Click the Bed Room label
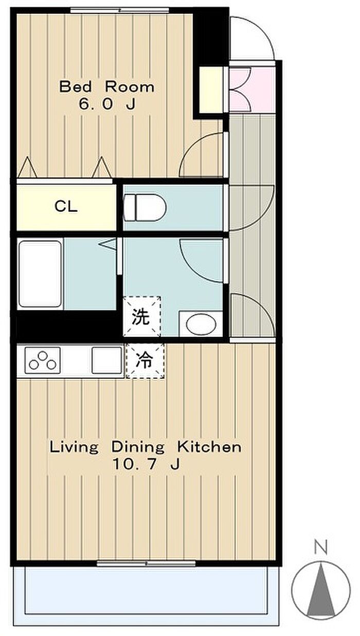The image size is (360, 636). (x=107, y=87)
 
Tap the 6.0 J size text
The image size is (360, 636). (x=107, y=104)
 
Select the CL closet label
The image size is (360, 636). (x=66, y=206)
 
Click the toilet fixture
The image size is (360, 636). (x=145, y=207)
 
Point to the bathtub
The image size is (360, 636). (x=40, y=274)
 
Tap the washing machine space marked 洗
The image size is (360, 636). (x=142, y=316)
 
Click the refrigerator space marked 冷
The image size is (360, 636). (x=145, y=361)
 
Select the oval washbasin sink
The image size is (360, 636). (x=201, y=324)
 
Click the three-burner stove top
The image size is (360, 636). (x=43, y=360)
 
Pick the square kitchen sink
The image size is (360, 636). (x=107, y=360)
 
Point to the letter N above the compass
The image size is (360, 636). (x=321, y=548)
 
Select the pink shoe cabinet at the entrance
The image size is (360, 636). (x=252, y=89)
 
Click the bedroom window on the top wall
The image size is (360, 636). (x=119, y=10)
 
